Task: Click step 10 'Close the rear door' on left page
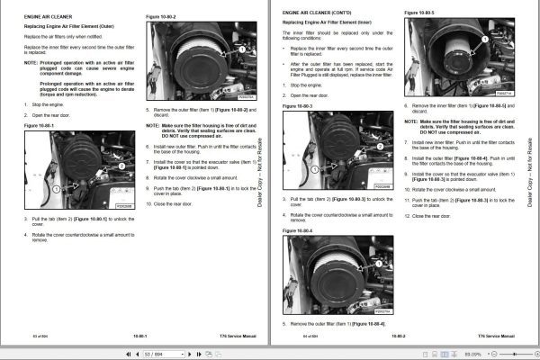[176, 204]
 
